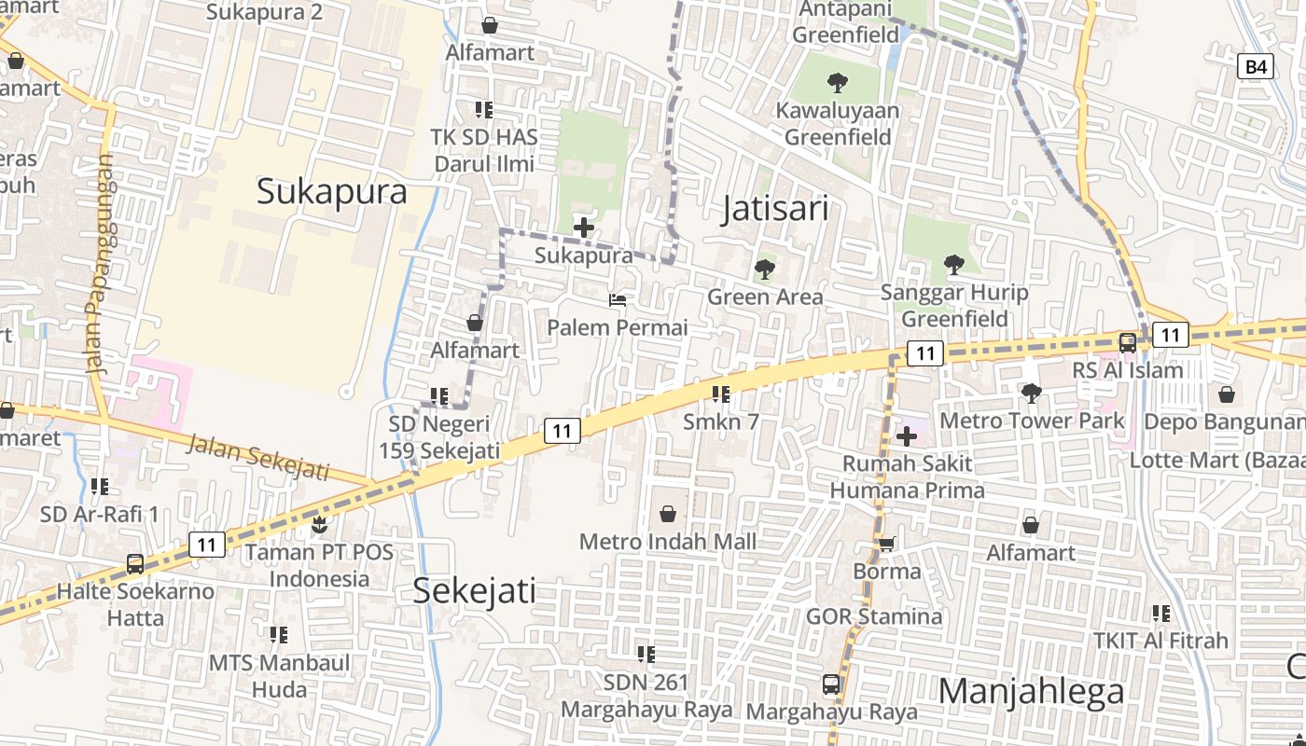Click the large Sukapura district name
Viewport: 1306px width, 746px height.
(x=331, y=191)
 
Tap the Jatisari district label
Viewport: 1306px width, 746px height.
(x=775, y=209)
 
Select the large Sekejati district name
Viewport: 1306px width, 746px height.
(x=474, y=590)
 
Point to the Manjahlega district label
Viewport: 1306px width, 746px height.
(x=1031, y=692)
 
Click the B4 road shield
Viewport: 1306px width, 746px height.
(x=1256, y=66)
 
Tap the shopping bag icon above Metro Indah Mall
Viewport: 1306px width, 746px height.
(x=668, y=514)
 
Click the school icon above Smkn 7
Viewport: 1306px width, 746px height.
(x=720, y=394)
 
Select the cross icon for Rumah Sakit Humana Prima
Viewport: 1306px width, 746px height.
(x=906, y=435)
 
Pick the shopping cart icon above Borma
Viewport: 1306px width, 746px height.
(x=886, y=544)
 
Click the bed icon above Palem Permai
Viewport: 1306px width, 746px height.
(x=618, y=300)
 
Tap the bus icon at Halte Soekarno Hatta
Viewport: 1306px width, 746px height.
(x=135, y=564)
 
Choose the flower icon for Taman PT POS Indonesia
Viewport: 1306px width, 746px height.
(x=319, y=525)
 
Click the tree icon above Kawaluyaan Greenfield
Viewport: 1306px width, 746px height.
(x=838, y=83)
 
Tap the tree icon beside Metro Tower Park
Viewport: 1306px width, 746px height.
(x=1031, y=394)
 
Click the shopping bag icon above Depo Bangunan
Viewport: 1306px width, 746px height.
(x=1227, y=394)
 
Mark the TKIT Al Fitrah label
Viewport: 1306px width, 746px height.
(x=1160, y=641)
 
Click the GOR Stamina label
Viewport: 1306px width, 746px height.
(x=874, y=616)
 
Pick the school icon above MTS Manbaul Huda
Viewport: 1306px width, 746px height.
(x=279, y=635)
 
